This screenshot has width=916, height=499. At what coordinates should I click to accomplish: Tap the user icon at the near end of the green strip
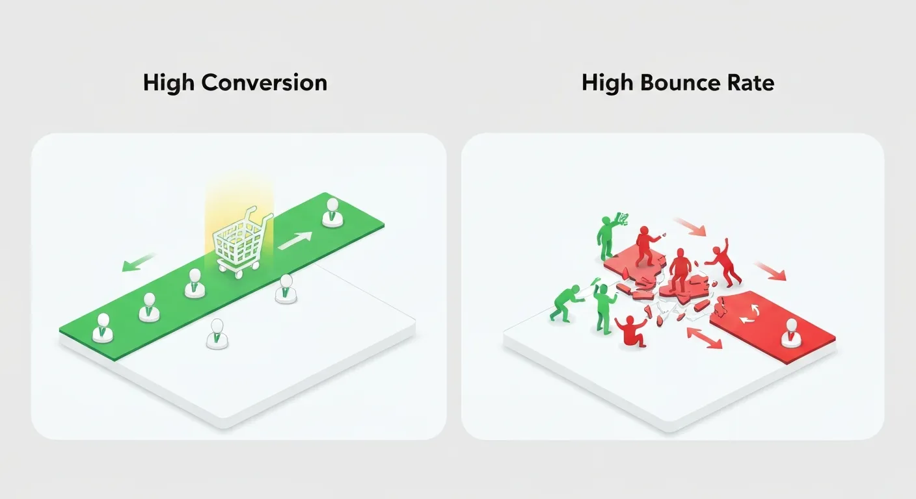[102, 328]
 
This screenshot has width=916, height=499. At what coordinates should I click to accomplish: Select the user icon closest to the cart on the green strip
[195, 284]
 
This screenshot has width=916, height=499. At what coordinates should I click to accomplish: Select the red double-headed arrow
[705, 339]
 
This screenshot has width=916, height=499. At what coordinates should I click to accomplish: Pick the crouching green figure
[563, 302]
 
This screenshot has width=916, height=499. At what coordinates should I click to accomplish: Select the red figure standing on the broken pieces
[679, 272]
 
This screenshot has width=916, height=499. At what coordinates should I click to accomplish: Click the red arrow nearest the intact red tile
[770, 270]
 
